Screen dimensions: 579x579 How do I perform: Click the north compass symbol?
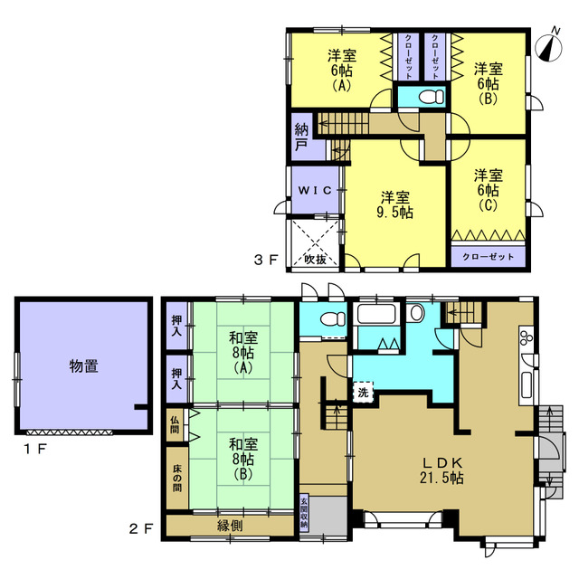click(x=549, y=48)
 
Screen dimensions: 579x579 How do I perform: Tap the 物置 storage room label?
click(x=84, y=366)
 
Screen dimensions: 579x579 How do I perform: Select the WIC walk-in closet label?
click(x=315, y=190)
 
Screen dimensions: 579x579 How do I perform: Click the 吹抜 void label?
click(x=316, y=260)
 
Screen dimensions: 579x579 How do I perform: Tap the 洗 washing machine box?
click(x=363, y=392)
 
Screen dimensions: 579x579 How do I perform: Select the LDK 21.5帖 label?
click(x=442, y=470)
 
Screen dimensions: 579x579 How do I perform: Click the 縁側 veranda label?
click(x=230, y=526)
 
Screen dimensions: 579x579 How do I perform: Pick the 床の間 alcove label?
click(x=177, y=479)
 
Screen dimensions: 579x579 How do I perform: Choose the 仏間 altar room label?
click(x=175, y=424)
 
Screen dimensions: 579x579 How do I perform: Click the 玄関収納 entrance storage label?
click(x=304, y=513)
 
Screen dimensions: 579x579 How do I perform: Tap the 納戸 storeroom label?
click(x=301, y=138)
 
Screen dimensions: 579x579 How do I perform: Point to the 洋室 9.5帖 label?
click(x=395, y=205)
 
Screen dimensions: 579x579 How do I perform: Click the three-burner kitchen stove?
click(x=527, y=337)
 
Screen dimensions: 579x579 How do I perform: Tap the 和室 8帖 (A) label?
click(x=243, y=353)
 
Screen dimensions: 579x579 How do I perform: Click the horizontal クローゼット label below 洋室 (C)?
click(x=489, y=257)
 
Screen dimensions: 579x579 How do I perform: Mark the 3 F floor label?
click(x=265, y=260)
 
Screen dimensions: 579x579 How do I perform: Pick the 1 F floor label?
click(x=35, y=449)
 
